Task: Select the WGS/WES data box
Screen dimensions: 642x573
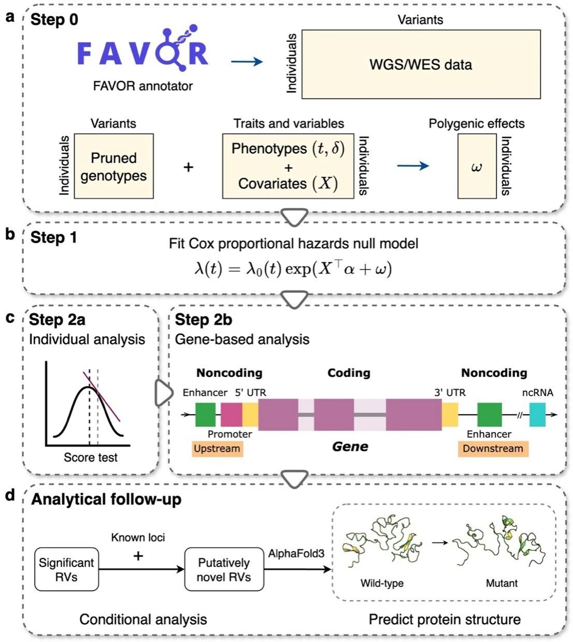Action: [421, 64]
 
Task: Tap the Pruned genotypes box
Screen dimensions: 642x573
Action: [113, 166]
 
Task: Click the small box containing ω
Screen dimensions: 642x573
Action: [477, 166]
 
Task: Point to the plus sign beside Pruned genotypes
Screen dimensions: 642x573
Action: [189, 167]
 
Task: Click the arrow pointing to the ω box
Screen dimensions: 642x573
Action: [412, 166]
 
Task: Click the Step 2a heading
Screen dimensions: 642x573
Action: [57, 320]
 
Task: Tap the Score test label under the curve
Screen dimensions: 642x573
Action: [91, 457]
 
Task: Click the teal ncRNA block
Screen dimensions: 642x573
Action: [537, 415]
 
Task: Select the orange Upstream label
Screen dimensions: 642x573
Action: [217, 448]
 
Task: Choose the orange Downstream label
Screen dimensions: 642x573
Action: [493, 448]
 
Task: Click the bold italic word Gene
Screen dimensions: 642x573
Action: [350, 447]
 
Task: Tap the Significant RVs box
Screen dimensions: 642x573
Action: [66, 569]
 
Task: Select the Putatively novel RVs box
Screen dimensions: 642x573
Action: [224, 569]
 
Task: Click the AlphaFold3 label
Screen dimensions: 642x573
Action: [296, 553]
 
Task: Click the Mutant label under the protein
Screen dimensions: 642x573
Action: [502, 583]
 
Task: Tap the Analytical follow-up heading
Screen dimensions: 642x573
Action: [106, 500]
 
